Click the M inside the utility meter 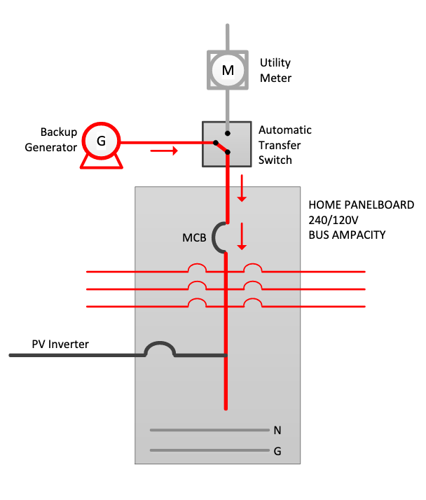click(228, 70)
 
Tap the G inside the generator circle click(101, 141)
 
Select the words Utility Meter click(275, 70)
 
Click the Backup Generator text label click(51, 139)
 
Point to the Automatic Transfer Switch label click(285, 145)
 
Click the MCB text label click(194, 237)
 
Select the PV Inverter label click(60, 344)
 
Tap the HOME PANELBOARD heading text click(362, 204)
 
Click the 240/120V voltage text click(333, 220)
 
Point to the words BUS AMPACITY click(347, 235)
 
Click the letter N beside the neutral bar click(277, 431)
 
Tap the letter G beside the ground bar click(277, 451)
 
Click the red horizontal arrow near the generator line click(164, 151)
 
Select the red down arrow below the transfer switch click(242, 188)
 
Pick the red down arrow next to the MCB click(242, 236)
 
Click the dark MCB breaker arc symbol click(214, 237)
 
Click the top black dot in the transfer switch click(228, 133)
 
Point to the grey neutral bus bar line click(209, 430)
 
